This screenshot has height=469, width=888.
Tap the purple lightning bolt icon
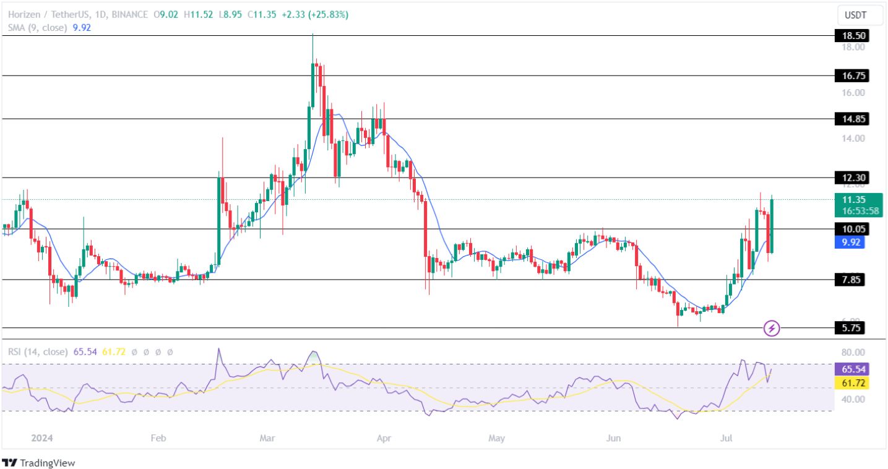(772, 328)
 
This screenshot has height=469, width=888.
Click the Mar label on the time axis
(267, 438)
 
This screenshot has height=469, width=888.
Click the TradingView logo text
(47, 463)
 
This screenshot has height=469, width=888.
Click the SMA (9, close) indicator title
(37, 28)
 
